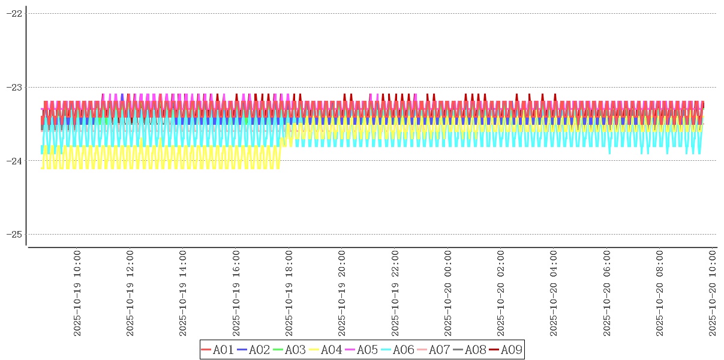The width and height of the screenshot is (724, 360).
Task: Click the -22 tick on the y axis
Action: pos(14,13)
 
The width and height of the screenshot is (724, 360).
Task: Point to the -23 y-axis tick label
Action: pos(14,87)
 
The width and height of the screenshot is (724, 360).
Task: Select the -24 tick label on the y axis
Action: pos(14,161)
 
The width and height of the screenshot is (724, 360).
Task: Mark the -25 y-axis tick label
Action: pos(14,234)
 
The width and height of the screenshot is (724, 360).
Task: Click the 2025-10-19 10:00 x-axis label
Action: pos(77,293)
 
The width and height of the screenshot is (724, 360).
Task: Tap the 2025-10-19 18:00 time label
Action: pos(289,293)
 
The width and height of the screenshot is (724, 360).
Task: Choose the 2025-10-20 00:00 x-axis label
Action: pos(448,293)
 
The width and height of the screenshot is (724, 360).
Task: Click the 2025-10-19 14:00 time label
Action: pos(183,293)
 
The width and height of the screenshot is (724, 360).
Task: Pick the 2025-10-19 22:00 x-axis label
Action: pos(395,293)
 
